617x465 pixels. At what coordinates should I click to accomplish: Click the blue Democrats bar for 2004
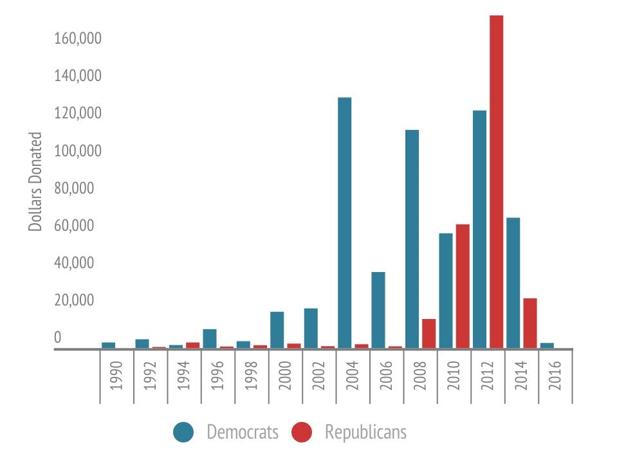[344, 222]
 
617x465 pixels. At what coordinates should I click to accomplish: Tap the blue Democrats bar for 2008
[412, 239]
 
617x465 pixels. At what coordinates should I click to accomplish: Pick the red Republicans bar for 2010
[463, 286]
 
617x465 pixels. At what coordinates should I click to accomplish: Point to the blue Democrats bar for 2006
[378, 310]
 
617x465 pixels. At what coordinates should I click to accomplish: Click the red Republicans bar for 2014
[530, 323]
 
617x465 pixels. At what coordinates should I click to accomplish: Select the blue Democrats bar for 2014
[513, 283]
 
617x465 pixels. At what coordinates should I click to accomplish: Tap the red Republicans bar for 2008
[428, 333]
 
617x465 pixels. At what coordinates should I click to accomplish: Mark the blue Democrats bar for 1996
[210, 338]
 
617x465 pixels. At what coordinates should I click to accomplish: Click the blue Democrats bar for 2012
[479, 229]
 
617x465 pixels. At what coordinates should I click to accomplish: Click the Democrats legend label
[243, 432]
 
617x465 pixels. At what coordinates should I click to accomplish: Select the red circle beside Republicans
[301, 432]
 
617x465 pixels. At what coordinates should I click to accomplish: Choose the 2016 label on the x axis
[555, 377]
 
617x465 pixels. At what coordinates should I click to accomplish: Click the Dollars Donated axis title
[36, 182]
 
